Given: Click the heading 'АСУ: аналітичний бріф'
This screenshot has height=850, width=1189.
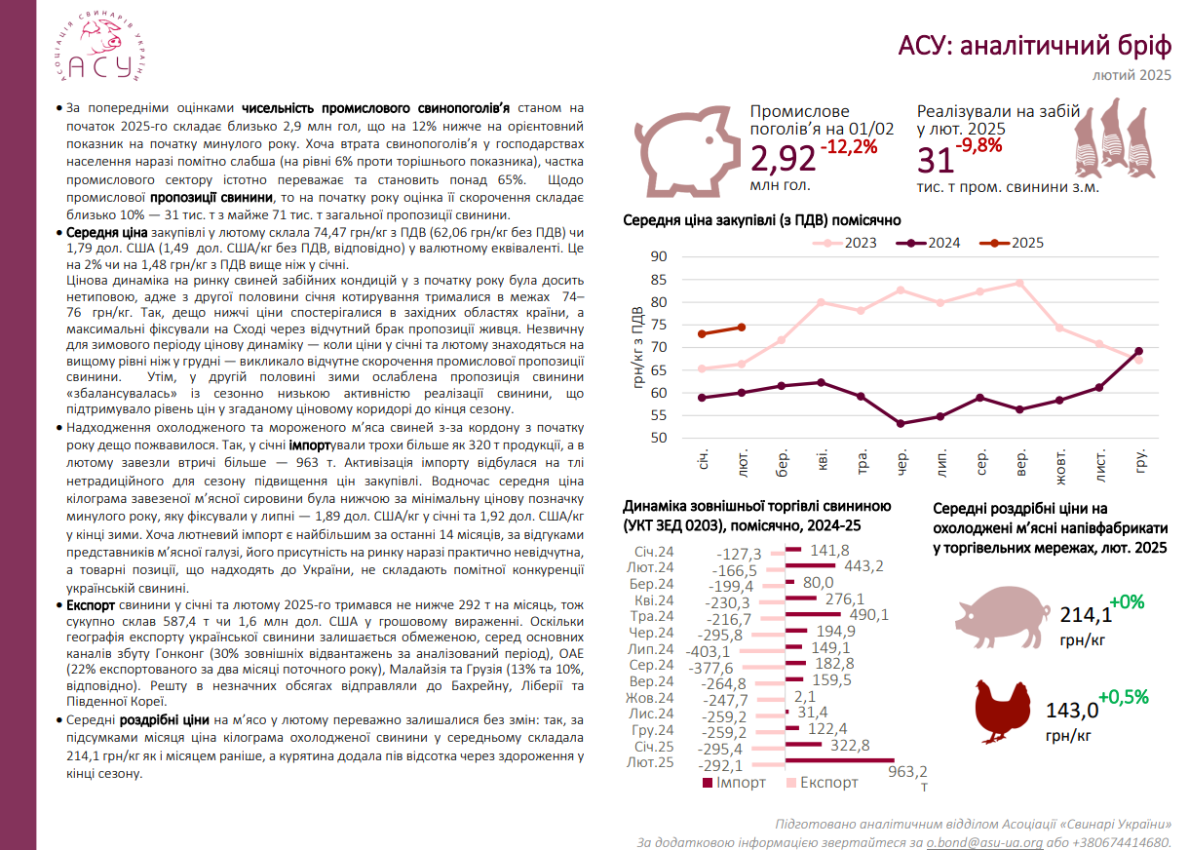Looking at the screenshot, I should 1034,45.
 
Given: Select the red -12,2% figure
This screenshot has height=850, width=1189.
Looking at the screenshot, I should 850,147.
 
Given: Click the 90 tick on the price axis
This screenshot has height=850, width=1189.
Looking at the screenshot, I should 658,257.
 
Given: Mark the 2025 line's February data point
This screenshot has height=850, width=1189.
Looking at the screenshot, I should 742,328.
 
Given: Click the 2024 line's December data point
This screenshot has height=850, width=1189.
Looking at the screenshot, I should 1138,351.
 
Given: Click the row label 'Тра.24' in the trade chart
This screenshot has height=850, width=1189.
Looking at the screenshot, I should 651,616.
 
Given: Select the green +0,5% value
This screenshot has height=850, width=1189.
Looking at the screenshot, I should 1123,697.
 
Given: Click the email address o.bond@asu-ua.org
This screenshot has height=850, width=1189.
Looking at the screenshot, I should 984,842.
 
